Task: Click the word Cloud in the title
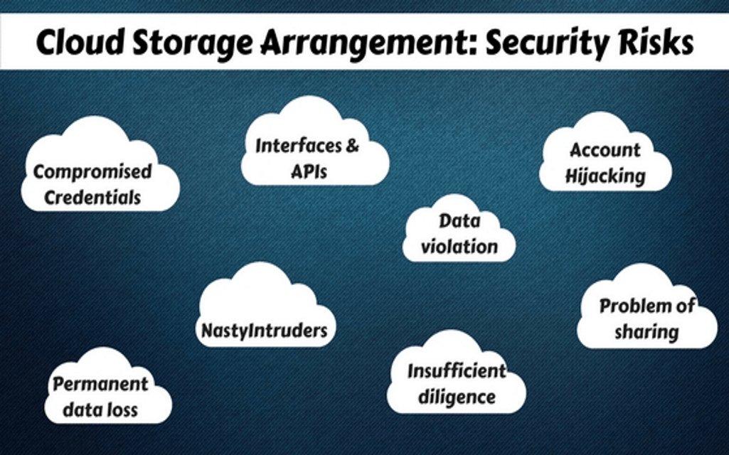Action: tap(77, 43)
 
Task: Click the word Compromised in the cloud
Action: tap(92, 172)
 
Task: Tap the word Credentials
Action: tap(92, 197)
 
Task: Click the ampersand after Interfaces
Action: tap(352, 146)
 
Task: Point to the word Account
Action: tap(605, 150)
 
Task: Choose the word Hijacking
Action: tap(605, 176)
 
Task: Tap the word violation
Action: tap(459, 247)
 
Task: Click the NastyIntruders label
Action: tap(265, 330)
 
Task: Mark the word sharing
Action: tap(646, 331)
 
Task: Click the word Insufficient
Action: tap(457, 370)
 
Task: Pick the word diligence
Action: tap(456, 395)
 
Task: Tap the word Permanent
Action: tap(100, 385)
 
